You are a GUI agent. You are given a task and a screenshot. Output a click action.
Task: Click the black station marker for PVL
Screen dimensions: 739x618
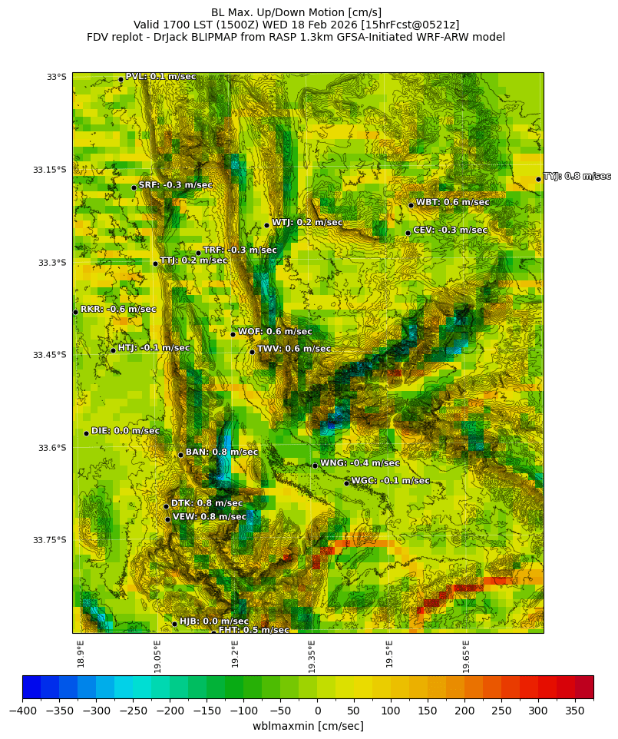pos(121,79)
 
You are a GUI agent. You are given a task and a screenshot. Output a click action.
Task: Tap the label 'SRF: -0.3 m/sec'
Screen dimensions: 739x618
pos(175,185)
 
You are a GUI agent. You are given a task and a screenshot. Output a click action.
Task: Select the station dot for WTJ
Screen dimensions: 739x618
pos(266,225)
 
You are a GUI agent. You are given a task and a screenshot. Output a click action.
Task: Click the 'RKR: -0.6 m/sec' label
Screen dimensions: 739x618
pos(118,310)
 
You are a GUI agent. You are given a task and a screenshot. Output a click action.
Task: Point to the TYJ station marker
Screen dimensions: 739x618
pos(538,179)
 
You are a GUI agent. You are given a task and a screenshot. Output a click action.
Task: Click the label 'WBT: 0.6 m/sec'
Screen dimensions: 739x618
pos(452,203)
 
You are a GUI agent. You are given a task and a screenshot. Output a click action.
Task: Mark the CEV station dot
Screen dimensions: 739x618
pos(408,233)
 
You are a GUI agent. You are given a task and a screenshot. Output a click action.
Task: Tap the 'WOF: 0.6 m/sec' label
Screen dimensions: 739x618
pos(275,332)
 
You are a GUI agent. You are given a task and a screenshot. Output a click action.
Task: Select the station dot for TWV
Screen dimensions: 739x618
pos(252,352)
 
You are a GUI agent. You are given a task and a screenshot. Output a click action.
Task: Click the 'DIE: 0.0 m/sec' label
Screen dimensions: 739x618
pos(125,431)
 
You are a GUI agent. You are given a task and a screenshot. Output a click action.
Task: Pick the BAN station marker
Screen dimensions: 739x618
pos(180,455)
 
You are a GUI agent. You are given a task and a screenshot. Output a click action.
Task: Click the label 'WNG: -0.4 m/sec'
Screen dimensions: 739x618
pos(359,463)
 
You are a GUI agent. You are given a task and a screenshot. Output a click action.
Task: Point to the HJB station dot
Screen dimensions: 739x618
pos(174,624)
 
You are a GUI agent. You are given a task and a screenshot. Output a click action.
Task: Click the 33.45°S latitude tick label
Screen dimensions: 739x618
pos(50,355)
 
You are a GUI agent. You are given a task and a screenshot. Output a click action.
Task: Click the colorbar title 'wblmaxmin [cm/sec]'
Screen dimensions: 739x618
pos(308,726)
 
